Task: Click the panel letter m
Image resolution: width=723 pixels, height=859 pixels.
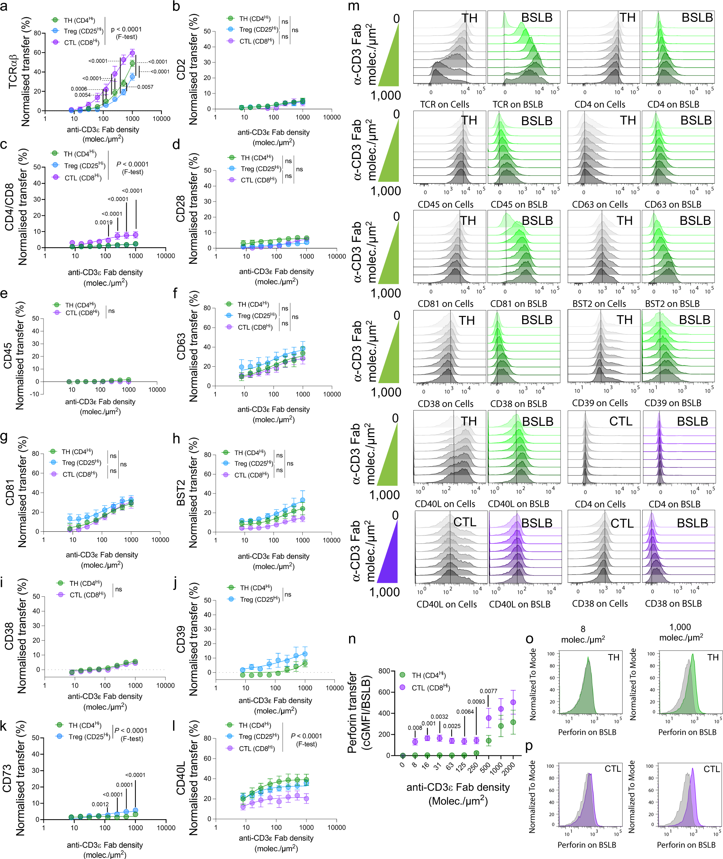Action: [x=354, y=7]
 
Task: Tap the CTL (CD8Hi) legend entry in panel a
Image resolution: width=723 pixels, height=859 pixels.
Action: [x=81, y=42]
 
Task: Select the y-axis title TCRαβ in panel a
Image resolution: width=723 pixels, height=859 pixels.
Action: [x=13, y=72]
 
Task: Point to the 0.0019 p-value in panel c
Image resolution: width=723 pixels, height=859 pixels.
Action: [x=104, y=222]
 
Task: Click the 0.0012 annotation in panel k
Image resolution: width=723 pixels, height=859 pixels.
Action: [x=100, y=804]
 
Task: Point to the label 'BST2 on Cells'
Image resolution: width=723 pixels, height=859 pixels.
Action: [x=599, y=304]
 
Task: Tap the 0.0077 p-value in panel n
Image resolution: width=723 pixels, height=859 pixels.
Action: [x=488, y=691]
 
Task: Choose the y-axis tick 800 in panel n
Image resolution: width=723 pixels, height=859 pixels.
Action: [x=384, y=671]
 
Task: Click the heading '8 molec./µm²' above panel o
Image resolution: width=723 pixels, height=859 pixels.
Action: [x=583, y=634]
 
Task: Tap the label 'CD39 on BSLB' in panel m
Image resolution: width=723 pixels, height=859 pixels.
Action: [x=673, y=403]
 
